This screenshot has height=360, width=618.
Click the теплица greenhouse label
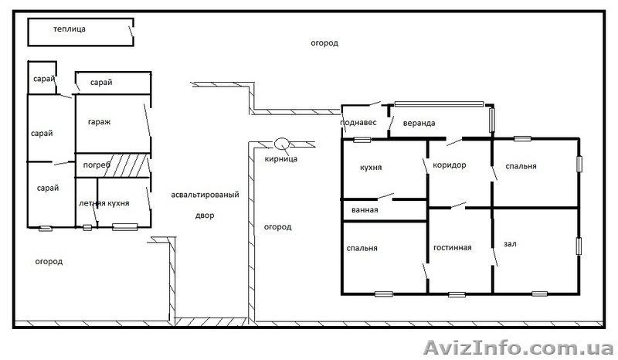coord(70,29)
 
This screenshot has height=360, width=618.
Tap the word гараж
coord(100,122)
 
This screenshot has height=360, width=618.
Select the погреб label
coord(97,165)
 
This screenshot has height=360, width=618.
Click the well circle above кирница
coord(282,144)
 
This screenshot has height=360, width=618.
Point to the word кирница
coord(281,159)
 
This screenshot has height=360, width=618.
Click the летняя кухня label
coord(104,203)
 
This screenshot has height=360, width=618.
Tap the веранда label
coord(419,123)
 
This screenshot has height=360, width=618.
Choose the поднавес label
coord(358,123)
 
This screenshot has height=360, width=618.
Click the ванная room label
coord(365,210)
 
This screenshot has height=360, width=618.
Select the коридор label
coord(450,165)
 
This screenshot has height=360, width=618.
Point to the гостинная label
coord(453,248)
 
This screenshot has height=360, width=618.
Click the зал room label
coord(510,244)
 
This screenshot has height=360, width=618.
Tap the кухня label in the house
coord(371,167)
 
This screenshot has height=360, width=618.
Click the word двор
coord(205,216)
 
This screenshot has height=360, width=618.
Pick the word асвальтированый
coord(205,195)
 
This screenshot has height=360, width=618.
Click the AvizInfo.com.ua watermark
coord(518,348)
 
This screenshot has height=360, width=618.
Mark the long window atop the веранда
coord(439,104)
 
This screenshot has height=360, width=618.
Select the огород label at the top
coord(324,43)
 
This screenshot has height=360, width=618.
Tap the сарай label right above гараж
coord(101,83)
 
